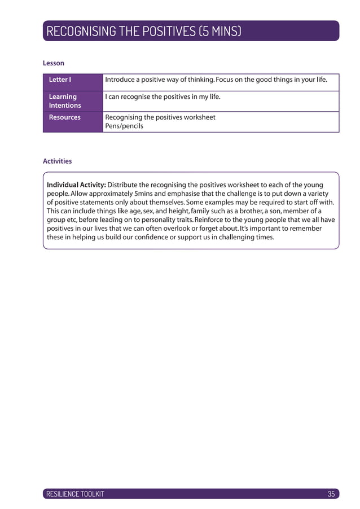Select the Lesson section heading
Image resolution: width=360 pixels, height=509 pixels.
tap(54, 63)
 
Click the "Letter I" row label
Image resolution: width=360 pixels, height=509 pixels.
tap(60, 80)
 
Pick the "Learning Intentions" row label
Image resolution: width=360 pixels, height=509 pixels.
tap(64, 101)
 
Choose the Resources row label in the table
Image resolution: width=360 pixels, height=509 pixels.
tap(64, 117)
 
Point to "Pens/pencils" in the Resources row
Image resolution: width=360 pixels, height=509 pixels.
tap(124, 126)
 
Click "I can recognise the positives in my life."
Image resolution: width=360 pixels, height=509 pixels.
tap(163, 96)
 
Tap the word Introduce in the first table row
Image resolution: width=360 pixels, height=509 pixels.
tap(122, 80)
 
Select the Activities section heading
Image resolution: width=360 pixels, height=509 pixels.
tap(58, 161)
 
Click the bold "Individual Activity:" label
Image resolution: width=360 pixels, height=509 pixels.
tap(76, 185)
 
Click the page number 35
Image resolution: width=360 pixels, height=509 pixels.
tap(331, 494)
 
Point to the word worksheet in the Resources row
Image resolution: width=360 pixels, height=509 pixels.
tap(198, 117)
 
